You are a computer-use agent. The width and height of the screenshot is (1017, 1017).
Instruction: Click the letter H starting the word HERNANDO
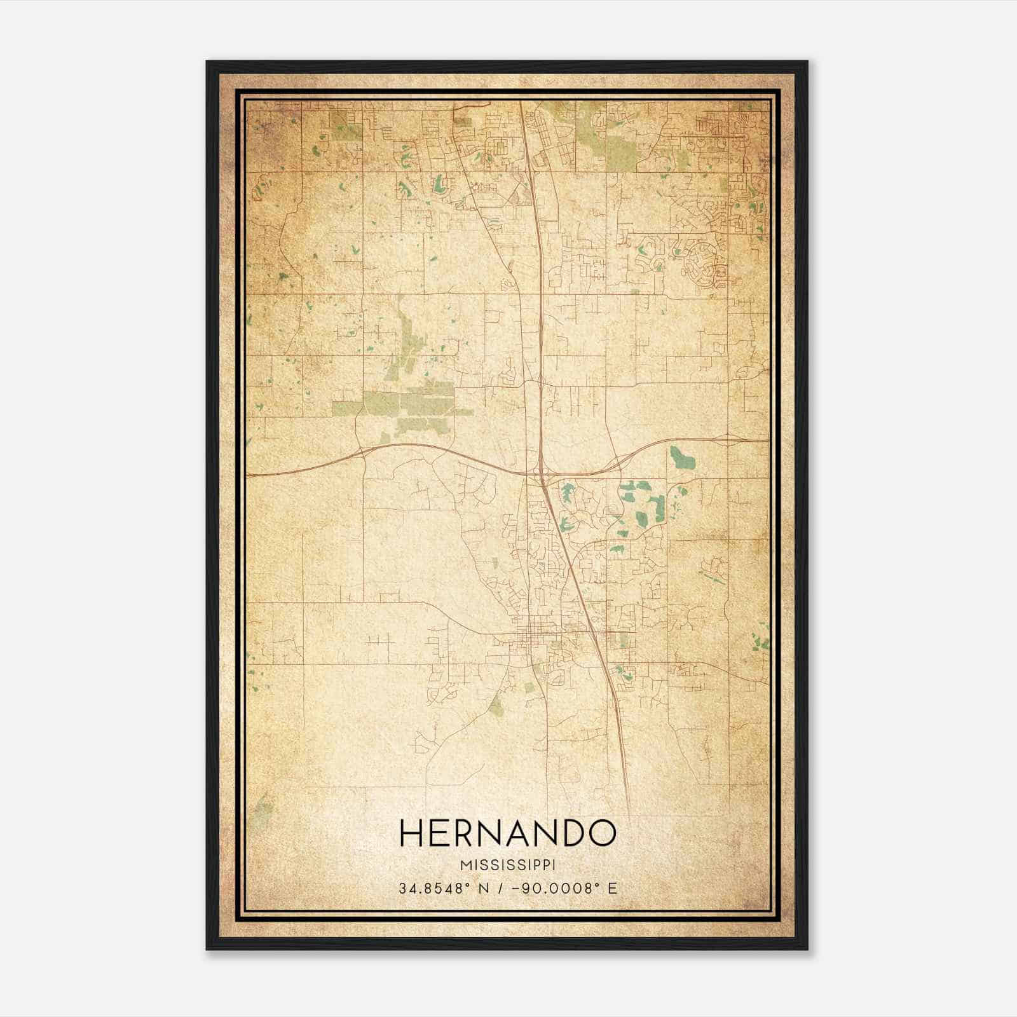(x=411, y=833)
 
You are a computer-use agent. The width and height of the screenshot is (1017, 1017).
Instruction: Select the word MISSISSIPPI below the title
(x=508, y=865)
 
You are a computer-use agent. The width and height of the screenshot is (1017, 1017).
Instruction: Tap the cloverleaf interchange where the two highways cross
(x=541, y=473)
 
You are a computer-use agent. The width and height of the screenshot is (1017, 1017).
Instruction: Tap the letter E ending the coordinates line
(x=613, y=888)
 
